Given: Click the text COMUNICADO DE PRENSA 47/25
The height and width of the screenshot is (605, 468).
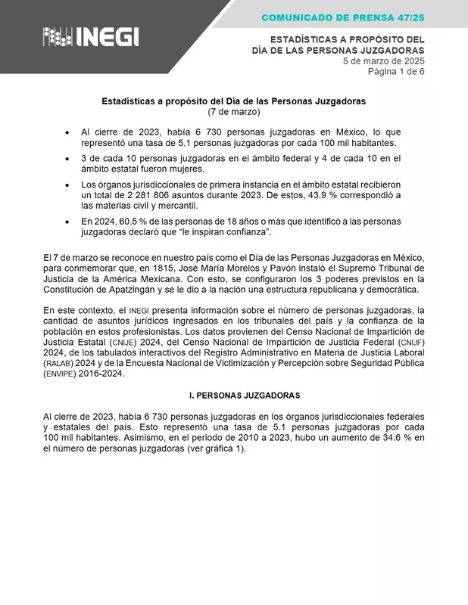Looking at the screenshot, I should (x=344, y=17).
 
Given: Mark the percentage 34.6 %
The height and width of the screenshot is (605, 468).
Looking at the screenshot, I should (x=387, y=436).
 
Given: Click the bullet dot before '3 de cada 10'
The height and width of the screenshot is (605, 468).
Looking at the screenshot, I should (x=68, y=159).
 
